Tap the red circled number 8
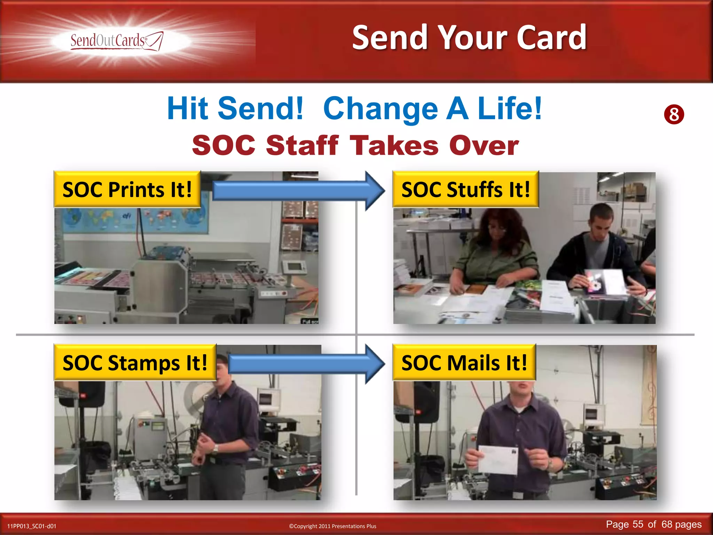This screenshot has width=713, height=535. [674, 115]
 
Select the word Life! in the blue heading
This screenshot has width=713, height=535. [510, 108]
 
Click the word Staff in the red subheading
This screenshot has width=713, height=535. [302, 145]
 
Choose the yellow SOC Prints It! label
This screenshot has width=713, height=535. [127, 189]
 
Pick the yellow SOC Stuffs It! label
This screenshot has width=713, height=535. [465, 189]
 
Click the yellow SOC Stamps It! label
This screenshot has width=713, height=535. [135, 363]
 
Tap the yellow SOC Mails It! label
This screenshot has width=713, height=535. [464, 363]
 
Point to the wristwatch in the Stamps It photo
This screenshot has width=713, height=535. [216, 448]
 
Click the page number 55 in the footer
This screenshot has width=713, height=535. [638, 524]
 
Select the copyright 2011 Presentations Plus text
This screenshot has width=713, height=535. [332, 526]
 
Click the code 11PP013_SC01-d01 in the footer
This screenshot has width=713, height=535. [32, 526]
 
